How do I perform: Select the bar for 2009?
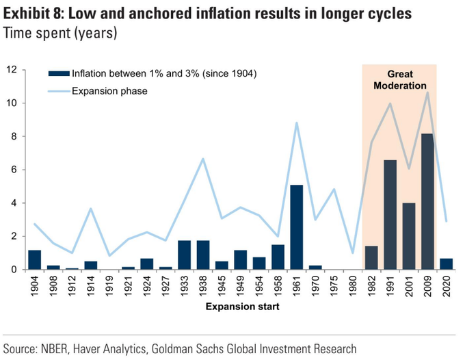pos(427,201)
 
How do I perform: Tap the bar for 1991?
pos(390,215)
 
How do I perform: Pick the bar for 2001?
pos(409,236)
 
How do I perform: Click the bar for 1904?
pos(34,260)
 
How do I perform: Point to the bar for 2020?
pos(446,264)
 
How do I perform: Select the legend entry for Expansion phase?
pos(109,90)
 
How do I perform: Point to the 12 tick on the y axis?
pos(12,70)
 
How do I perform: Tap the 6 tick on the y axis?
pos(14,170)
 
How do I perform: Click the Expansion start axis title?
pos(242,307)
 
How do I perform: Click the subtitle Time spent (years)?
pos(60,32)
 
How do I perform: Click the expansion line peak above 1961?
pos(296,123)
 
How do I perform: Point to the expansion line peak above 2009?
pos(427,92)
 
